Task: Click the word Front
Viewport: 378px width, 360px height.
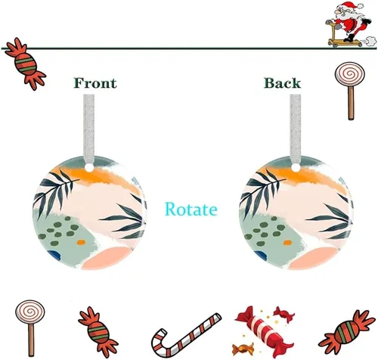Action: click(x=95, y=83)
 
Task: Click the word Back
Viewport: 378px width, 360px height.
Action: click(x=282, y=83)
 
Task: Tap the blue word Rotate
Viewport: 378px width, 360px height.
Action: click(x=191, y=209)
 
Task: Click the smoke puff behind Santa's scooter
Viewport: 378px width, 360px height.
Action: click(x=370, y=40)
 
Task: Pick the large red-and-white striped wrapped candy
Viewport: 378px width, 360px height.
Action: click(x=265, y=331)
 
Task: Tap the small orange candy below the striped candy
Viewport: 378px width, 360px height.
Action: click(x=243, y=349)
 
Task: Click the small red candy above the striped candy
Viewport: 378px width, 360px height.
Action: click(x=284, y=313)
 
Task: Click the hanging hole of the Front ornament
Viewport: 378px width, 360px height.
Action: click(x=89, y=167)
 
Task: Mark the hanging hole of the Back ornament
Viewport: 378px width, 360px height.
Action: click(x=296, y=167)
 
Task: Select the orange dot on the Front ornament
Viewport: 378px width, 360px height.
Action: click(x=81, y=242)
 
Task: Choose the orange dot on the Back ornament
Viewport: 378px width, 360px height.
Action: click(x=287, y=243)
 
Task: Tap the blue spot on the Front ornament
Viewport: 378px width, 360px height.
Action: click(x=55, y=255)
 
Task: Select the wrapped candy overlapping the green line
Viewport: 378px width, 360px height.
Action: click(x=26, y=64)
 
